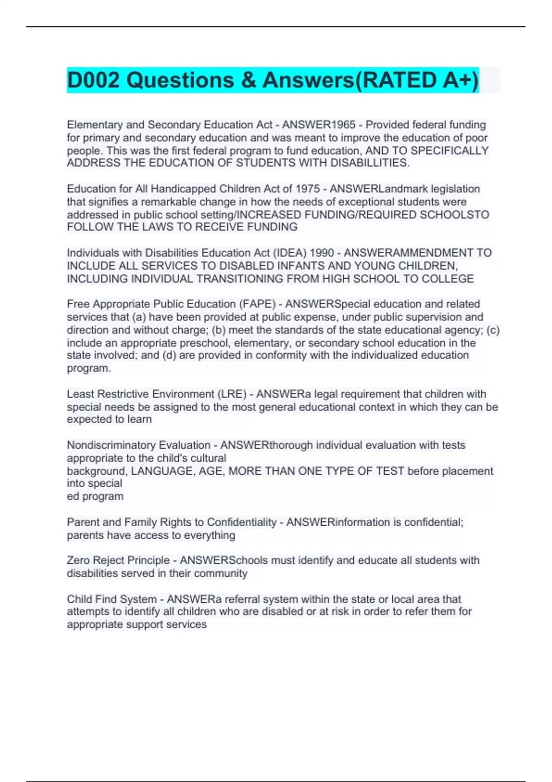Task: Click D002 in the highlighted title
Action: click(93, 80)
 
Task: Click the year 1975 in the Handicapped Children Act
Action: click(307, 189)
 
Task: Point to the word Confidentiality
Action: click(241, 523)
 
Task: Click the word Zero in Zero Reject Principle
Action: click(78, 561)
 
